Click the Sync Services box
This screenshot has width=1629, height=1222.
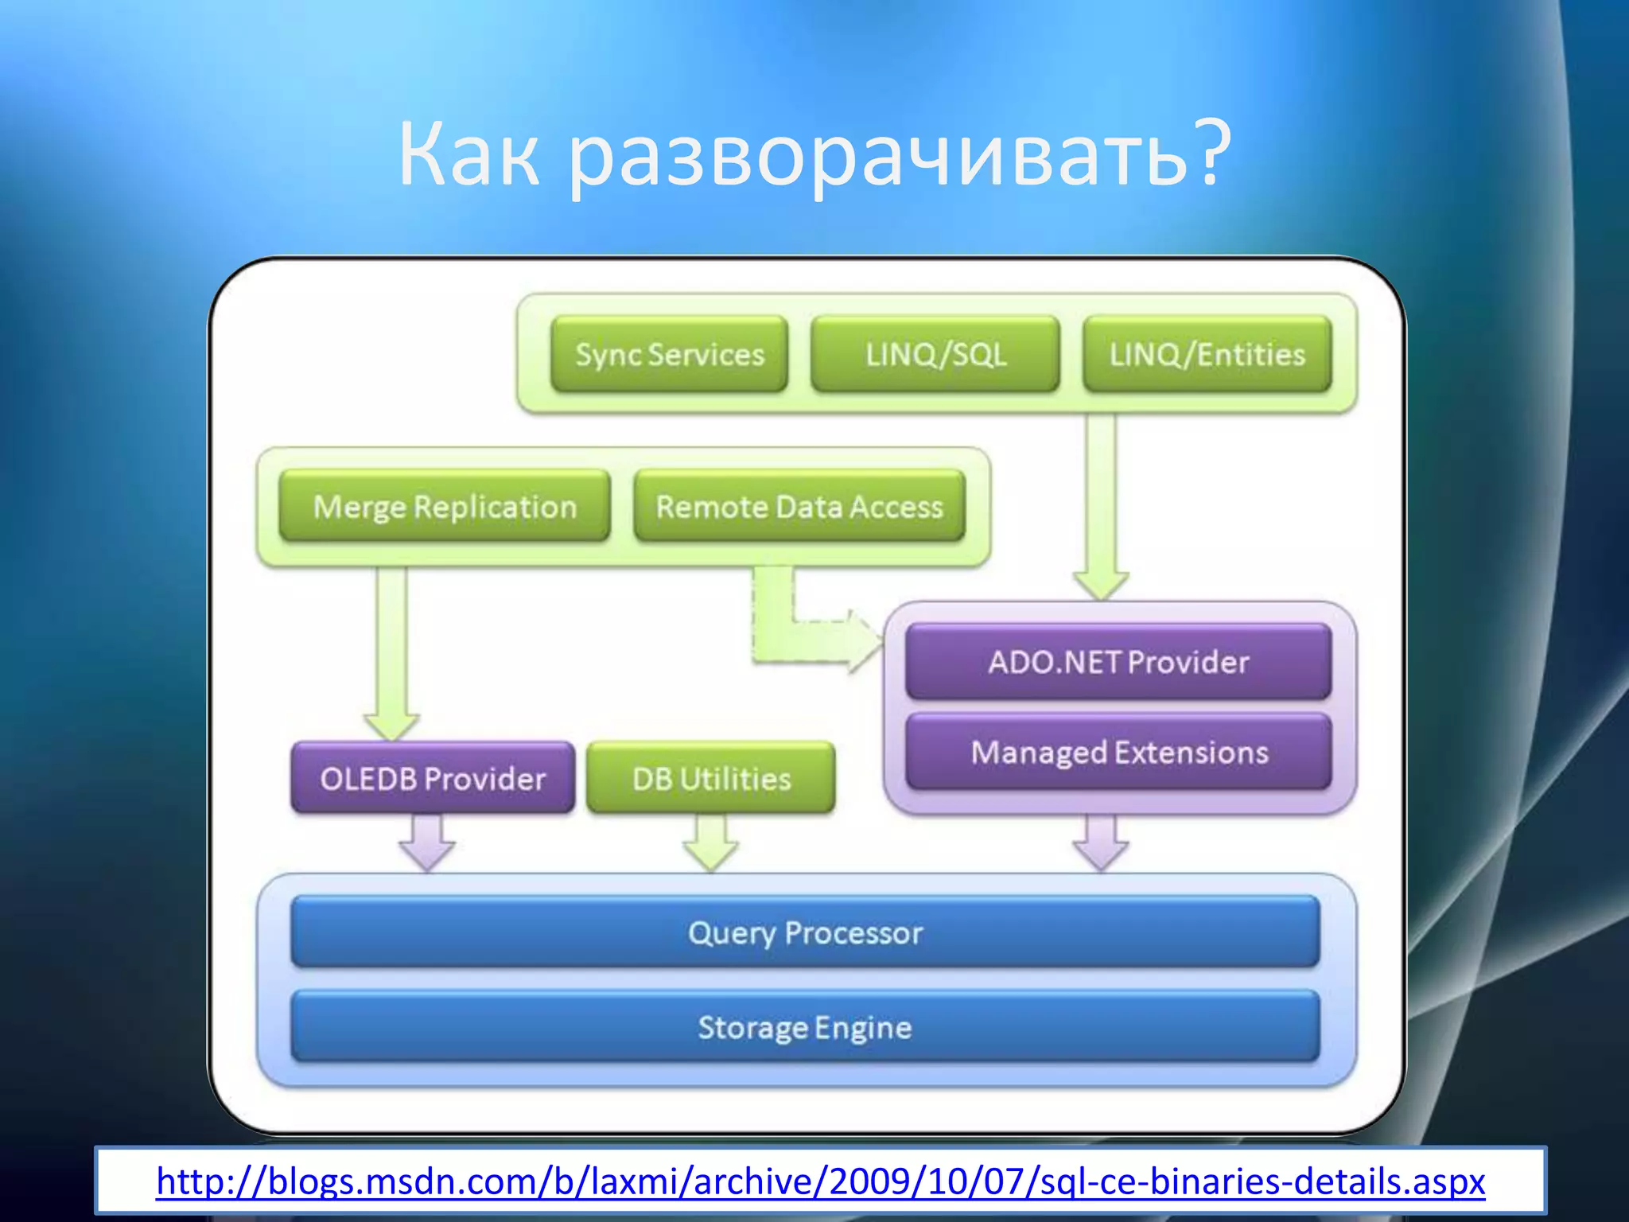[x=669, y=354]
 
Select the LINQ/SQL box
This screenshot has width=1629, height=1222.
[x=935, y=354]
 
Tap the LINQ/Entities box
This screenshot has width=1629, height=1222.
[x=1207, y=354]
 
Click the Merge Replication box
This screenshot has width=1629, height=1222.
[x=445, y=507]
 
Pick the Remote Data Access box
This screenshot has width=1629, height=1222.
[x=799, y=507]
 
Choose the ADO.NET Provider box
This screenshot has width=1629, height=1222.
[x=1118, y=662]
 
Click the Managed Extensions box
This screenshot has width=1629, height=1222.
[x=1118, y=753]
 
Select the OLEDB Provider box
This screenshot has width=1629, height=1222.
[x=433, y=778]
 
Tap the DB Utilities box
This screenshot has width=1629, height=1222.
[x=711, y=778]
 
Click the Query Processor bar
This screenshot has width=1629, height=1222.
[x=805, y=932]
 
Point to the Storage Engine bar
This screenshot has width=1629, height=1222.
[x=805, y=1027]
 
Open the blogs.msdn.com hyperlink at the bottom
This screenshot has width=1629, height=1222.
[x=820, y=1181]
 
